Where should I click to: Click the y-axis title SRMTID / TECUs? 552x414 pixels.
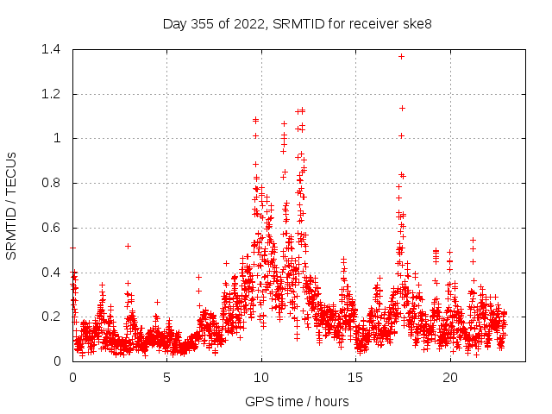tap(12, 205)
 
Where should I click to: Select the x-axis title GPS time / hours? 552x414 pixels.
tap(298, 401)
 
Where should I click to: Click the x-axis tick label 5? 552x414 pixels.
tap(167, 378)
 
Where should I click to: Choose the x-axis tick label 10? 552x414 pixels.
tap(261, 378)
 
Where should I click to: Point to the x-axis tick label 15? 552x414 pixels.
tap(356, 378)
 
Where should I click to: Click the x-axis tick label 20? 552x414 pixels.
tap(450, 378)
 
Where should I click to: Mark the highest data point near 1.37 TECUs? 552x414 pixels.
tap(401, 56)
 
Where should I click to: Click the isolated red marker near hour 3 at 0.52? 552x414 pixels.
tap(128, 246)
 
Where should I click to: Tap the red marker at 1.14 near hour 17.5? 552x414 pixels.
tap(402, 108)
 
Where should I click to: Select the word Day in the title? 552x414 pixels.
tap(174, 24)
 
